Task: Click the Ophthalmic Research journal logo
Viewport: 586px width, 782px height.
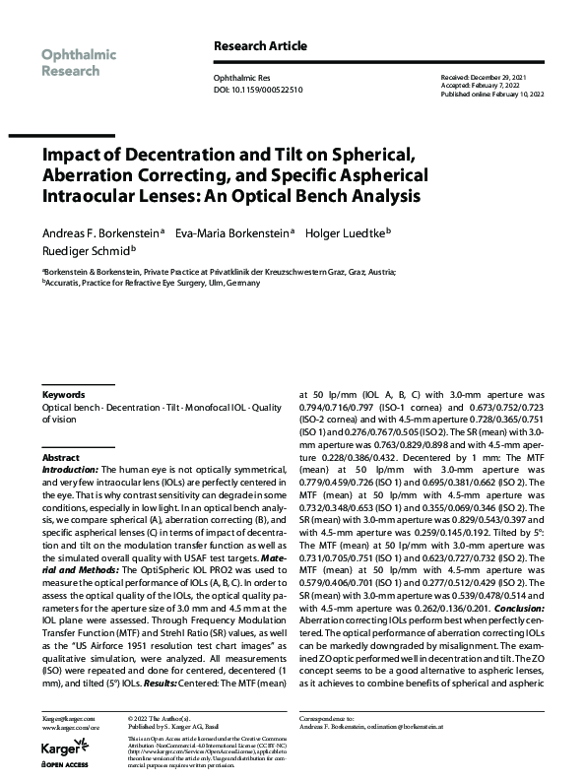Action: point(79,62)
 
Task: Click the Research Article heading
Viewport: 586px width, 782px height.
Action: point(259,46)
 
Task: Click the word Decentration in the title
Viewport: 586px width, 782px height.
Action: point(166,155)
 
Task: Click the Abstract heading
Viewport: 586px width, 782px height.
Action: point(60,459)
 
